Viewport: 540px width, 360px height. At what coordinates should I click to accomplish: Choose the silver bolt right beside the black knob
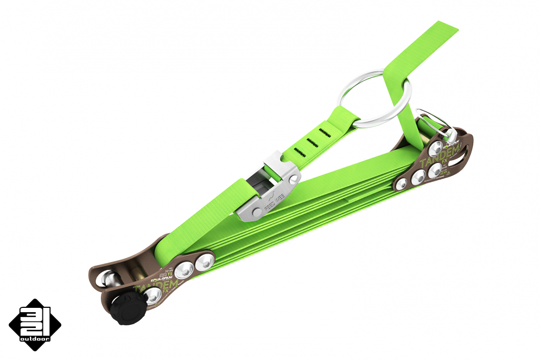click(153, 295)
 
